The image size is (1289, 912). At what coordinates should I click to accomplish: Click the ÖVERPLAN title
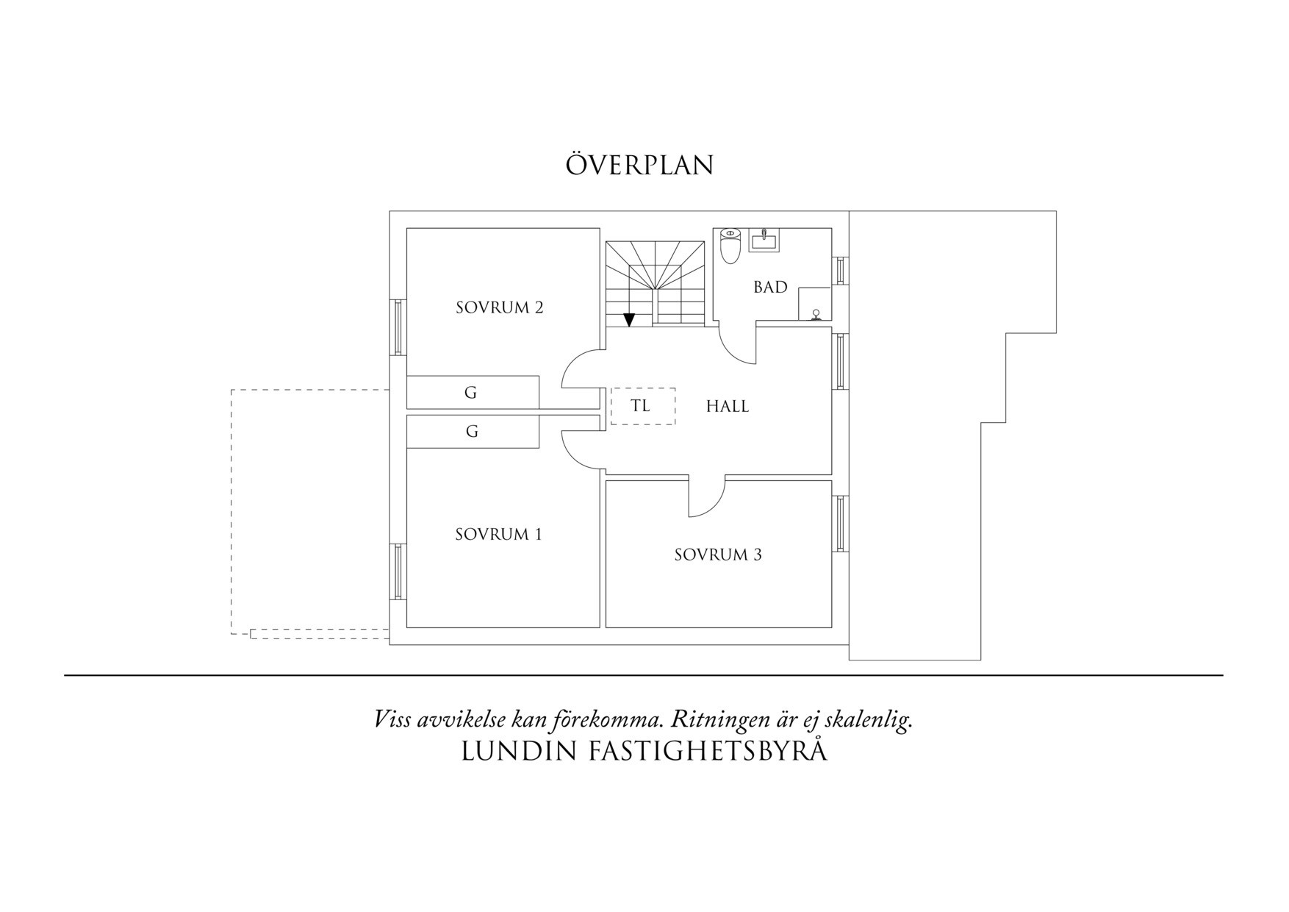point(639,165)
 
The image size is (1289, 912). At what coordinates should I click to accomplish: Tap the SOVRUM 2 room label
point(499,307)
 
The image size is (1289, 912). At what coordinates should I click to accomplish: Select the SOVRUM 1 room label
point(498,534)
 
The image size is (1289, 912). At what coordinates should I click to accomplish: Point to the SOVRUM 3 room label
point(718,555)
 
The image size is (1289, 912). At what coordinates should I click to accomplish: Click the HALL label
point(728,406)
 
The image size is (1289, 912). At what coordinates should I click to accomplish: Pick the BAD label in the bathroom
point(770,287)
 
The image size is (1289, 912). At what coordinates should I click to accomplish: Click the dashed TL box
point(642,406)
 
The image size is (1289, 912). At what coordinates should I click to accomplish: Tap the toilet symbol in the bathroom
point(730,246)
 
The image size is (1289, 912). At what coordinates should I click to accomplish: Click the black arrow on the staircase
point(629,319)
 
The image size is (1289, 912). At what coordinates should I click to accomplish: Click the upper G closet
point(473,392)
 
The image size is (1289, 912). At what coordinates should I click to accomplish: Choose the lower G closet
point(473,431)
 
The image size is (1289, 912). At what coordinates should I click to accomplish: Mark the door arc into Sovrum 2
point(581,369)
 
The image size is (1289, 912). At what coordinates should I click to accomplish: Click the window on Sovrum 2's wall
point(398,327)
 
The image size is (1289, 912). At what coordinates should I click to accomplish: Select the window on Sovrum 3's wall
point(841,524)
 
